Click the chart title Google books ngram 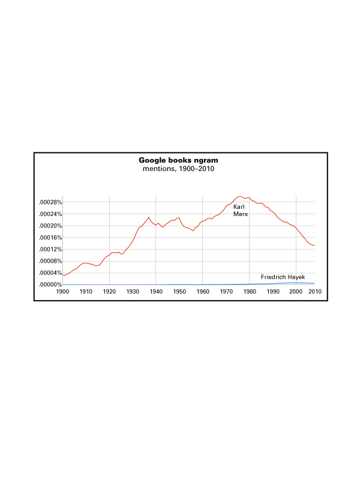[178, 160]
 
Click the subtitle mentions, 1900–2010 [178, 169]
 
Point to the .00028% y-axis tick [50, 203]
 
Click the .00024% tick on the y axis [50, 214]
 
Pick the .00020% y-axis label [50, 226]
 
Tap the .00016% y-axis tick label [50, 238]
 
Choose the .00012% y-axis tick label [50, 250]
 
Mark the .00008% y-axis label [50, 261]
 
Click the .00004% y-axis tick [50, 273]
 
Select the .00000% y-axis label [50, 284]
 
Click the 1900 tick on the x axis [63, 292]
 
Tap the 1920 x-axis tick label [109, 292]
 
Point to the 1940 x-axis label [156, 292]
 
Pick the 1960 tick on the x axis [203, 292]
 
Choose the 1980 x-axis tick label [250, 292]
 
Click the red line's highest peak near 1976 [239, 196]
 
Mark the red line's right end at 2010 [314, 246]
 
